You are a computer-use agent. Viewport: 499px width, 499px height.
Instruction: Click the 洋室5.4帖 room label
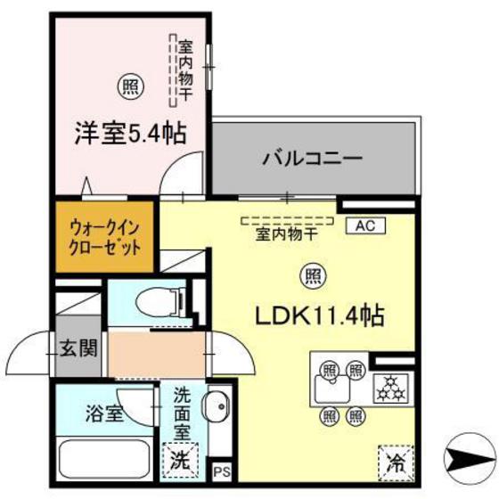coord(129,134)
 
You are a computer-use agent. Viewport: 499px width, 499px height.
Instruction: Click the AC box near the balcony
coord(365,225)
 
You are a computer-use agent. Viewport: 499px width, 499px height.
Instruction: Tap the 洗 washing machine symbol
coord(181,461)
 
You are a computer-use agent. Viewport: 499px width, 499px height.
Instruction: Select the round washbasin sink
coord(215,410)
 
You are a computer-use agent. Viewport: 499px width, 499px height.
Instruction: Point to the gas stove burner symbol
coord(391,388)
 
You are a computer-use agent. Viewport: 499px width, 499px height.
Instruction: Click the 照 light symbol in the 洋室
coord(130,86)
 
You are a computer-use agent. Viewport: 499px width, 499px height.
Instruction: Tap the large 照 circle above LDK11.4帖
coord(311,273)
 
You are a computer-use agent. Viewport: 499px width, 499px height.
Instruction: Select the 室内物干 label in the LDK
coord(287,234)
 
